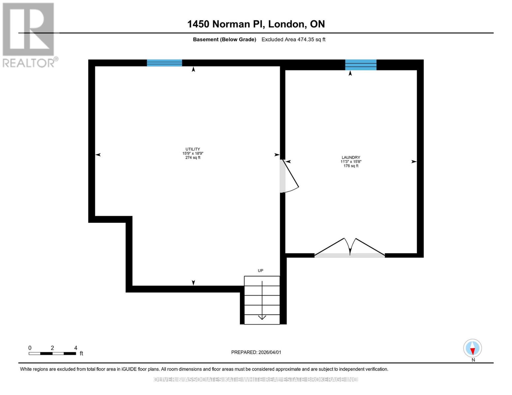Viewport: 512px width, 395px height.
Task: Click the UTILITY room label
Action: (x=193, y=149)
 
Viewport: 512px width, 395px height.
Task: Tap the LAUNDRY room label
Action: (x=351, y=157)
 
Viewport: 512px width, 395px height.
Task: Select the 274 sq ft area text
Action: (x=193, y=158)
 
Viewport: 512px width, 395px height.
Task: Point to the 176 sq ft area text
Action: (x=351, y=166)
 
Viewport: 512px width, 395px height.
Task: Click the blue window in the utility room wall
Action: (x=164, y=63)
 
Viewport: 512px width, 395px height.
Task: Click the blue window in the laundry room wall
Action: (x=361, y=65)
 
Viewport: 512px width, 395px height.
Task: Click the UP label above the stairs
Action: (x=260, y=271)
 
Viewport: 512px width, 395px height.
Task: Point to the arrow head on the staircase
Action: (x=262, y=317)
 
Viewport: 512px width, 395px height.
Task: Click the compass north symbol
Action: (x=472, y=348)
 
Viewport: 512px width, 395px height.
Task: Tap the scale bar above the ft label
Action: (x=52, y=354)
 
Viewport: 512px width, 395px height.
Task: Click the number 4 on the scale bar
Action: (x=76, y=348)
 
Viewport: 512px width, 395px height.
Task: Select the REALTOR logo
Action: (x=29, y=35)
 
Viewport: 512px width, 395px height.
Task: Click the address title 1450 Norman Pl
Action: (x=256, y=24)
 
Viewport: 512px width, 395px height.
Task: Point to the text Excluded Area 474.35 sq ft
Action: (x=293, y=39)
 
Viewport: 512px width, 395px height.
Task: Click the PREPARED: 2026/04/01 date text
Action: (x=256, y=352)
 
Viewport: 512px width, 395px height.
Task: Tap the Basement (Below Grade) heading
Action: (x=225, y=39)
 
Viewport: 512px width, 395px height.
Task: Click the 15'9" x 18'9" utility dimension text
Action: (x=193, y=153)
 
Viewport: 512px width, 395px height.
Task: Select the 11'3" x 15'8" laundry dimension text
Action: (x=351, y=162)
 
